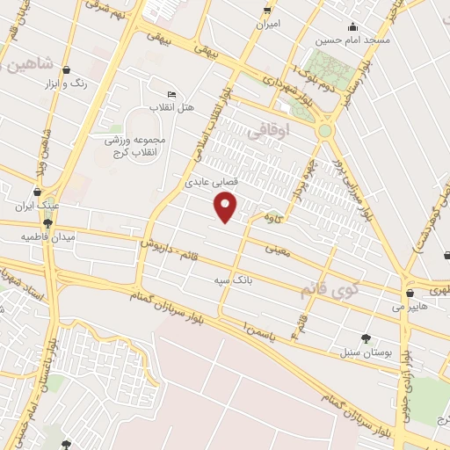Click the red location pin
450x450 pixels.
[227, 207]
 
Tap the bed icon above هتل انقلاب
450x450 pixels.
[171, 95]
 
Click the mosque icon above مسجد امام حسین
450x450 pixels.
[353, 26]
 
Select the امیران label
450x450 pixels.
[267, 24]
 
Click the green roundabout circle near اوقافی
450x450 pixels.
[326, 131]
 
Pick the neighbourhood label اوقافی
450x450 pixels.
[267, 132]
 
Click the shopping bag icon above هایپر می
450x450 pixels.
[411, 293]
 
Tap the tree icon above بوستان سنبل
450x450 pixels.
[367, 338]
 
